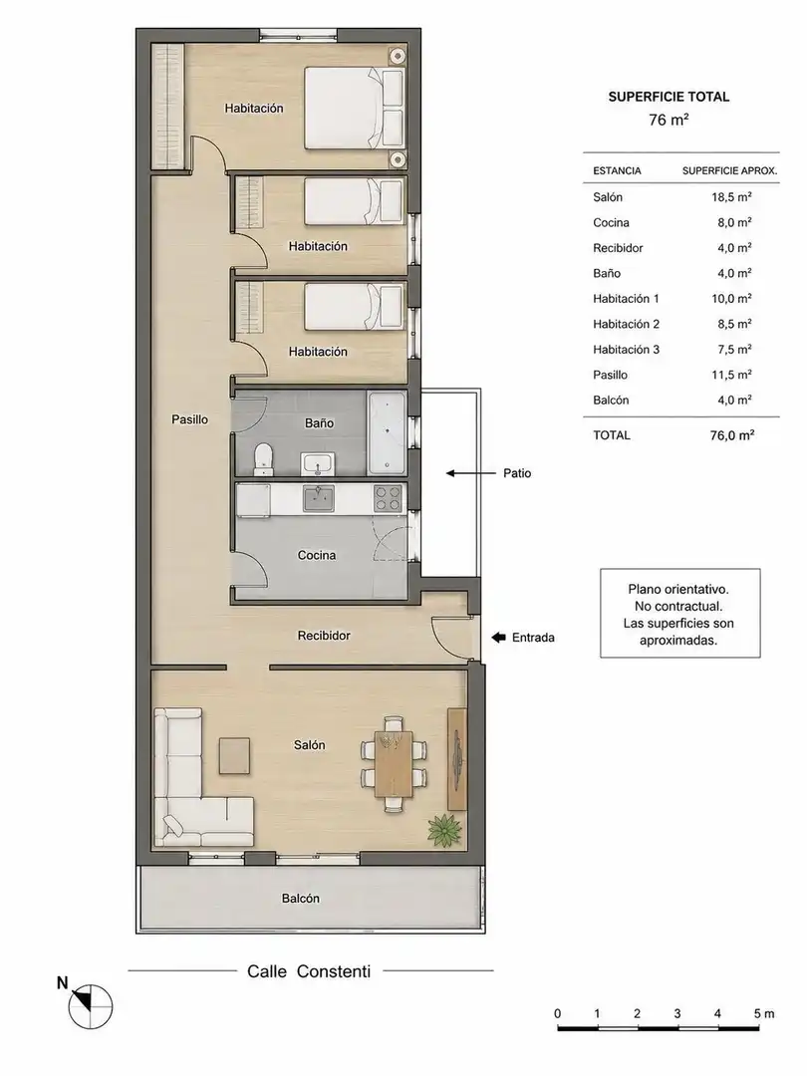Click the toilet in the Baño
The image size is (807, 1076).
tap(263, 459)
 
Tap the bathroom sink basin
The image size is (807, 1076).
tap(317, 464)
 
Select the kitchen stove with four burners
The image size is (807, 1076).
tap(388, 498)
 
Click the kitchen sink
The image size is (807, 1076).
tap(319, 499)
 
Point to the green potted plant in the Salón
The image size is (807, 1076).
tap(444, 829)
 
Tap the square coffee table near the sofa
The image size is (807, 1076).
tap(235, 755)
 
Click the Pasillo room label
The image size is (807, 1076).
tap(189, 419)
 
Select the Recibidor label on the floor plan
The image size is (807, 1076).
tap(324, 636)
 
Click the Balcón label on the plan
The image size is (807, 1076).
tap(301, 899)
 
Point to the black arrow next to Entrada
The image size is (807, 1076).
tap(499, 638)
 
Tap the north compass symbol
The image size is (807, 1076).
tap(90, 1006)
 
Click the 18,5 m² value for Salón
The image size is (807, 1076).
tap(731, 197)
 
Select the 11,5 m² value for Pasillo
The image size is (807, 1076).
tap(731, 375)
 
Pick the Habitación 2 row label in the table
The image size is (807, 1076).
tap(626, 324)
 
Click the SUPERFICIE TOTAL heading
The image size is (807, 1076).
tap(670, 97)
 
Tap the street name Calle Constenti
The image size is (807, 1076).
tap(309, 971)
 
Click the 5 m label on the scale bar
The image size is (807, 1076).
tap(764, 1013)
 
